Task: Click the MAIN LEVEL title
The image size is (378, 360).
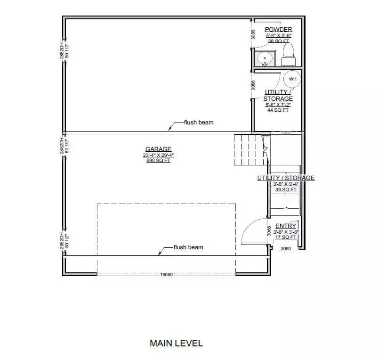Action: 176,343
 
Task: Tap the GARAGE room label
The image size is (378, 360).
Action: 158,149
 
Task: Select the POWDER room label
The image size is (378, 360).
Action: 278,30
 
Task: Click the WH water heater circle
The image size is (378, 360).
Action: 292,79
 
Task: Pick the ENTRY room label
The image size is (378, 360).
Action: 286,226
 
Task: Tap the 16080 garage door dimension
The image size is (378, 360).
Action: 167,274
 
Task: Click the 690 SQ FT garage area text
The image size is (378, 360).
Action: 158,161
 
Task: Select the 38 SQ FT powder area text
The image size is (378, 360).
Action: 278,41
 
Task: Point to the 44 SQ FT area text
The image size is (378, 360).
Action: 278,110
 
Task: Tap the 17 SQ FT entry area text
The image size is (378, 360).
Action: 286,237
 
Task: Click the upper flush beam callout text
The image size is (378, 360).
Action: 199,123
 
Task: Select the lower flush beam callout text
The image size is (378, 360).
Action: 188,247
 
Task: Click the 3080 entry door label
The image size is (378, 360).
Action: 286,248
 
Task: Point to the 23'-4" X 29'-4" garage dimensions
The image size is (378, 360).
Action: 158,155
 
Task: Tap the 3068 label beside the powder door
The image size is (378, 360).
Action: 253,34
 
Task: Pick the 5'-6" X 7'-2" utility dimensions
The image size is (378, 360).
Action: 278,105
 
